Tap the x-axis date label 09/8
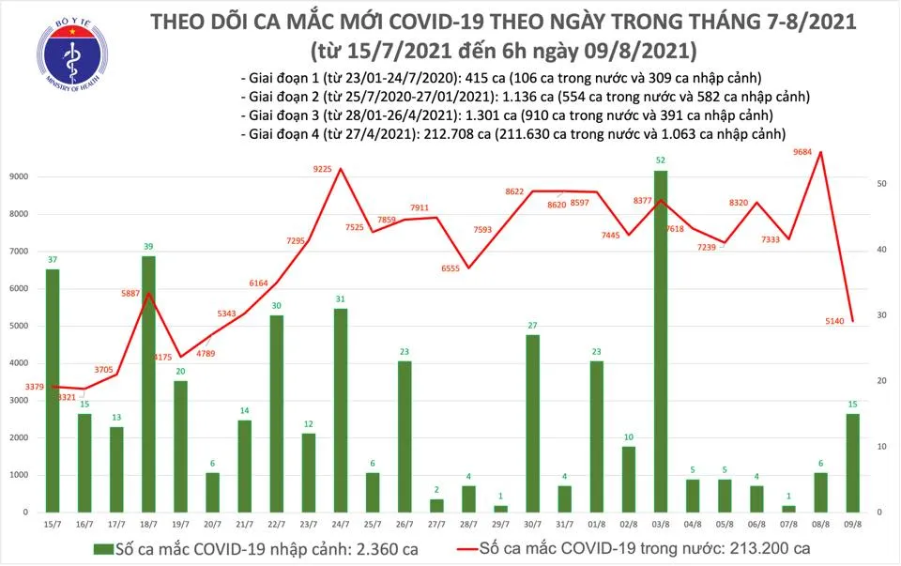850,525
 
